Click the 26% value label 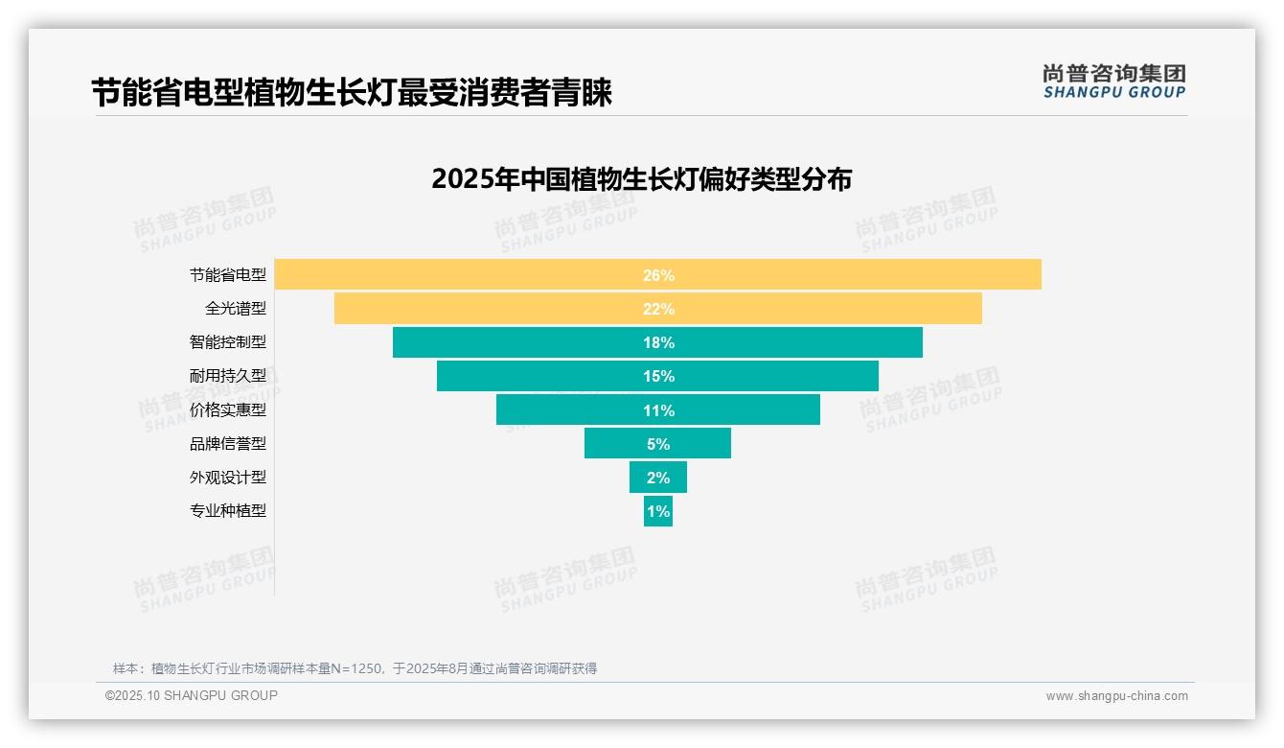click(x=658, y=275)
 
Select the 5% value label click(x=658, y=444)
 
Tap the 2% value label click(x=658, y=478)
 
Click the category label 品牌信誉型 click(x=228, y=444)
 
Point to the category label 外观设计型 click(x=228, y=478)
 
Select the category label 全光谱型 click(x=236, y=309)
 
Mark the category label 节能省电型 click(x=228, y=275)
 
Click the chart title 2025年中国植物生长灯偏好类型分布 click(x=641, y=179)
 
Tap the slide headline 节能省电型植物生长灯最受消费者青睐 click(x=352, y=93)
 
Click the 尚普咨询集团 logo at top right click(x=1114, y=82)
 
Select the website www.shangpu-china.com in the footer click(x=1116, y=696)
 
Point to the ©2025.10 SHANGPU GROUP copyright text click(x=192, y=695)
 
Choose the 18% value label click(x=658, y=342)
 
